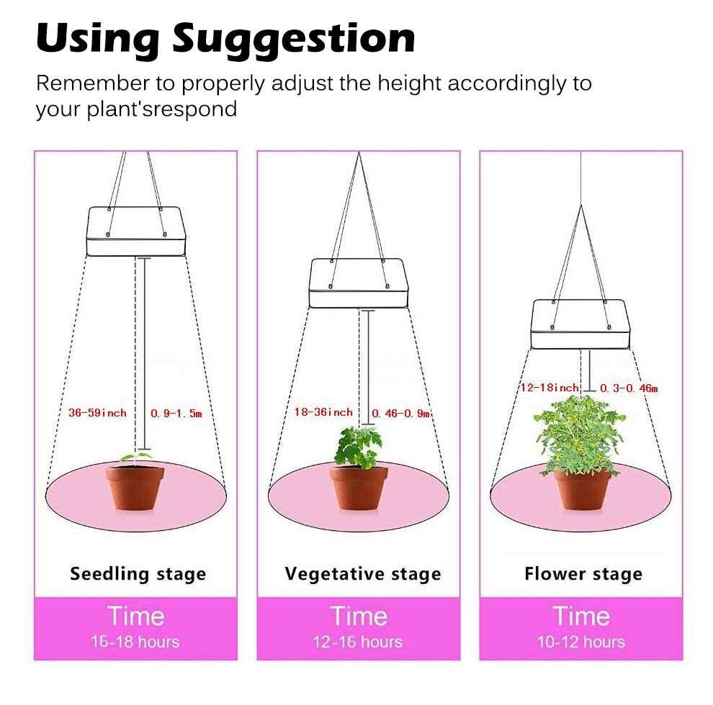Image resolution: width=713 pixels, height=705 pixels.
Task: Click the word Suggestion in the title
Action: tap(293, 40)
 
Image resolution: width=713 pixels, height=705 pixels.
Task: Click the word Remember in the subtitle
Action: tap(93, 83)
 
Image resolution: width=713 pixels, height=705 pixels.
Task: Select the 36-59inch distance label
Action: tap(97, 412)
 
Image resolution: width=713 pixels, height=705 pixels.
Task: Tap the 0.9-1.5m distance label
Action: tap(176, 414)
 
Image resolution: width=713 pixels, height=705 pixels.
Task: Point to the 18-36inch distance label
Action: tap(323, 412)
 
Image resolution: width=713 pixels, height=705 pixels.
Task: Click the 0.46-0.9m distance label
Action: tap(401, 414)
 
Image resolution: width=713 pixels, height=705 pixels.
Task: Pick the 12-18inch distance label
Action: tap(550, 388)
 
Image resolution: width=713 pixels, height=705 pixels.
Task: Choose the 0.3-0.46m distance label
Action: tap(629, 388)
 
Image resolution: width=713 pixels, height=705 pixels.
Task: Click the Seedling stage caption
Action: tap(138, 574)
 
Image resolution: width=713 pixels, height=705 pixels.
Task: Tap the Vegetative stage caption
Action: tap(363, 574)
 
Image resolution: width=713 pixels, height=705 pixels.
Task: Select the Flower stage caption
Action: tap(583, 574)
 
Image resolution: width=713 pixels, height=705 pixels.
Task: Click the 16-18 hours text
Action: tap(135, 642)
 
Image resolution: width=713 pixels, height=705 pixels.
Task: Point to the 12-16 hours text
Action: tap(358, 642)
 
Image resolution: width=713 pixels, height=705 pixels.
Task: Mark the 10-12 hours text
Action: tap(580, 642)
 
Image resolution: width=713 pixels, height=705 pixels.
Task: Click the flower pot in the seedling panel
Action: tap(135, 488)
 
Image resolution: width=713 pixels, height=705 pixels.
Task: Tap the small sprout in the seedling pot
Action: tap(135, 458)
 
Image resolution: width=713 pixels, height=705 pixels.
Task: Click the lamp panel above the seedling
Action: tap(136, 231)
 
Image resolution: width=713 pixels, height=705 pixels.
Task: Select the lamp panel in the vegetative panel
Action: tap(359, 283)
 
